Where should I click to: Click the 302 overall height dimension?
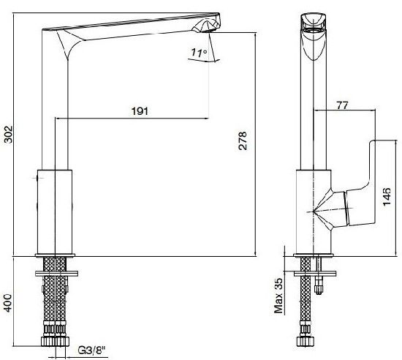click(x=9, y=135)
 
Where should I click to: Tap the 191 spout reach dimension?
click(x=140, y=111)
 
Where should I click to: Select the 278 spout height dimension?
click(x=242, y=140)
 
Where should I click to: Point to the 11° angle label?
click(x=199, y=53)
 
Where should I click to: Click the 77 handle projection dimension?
click(x=343, y=105)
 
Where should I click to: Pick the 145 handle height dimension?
click(x=387, y=197)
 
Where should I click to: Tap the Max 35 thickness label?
click(x=278, y=296)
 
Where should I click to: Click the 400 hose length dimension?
click(x=9, y=303)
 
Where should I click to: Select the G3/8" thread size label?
click(x=91, y=350)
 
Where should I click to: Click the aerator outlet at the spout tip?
click(x=207, y=31)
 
